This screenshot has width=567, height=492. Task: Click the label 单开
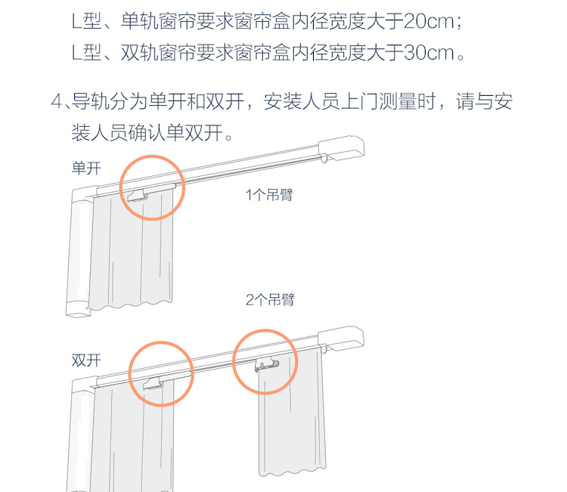[86, 168]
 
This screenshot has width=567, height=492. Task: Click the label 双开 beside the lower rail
[86, 360]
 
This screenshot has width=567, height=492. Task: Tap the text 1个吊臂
[269, 195]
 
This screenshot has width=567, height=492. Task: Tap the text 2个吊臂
[270, 300]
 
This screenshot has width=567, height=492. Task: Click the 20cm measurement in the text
[429, 21]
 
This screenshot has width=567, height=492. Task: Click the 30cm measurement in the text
[429, 53]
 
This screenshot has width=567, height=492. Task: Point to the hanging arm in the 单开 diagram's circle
[138, 196]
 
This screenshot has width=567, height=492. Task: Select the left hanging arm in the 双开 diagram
[153, 383]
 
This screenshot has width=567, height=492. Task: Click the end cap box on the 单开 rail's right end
[342, 148]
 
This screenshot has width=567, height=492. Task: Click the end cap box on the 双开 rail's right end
[341, 339]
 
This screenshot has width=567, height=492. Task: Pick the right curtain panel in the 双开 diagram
[291, 412]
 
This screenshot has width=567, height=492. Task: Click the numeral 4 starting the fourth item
[57, 101]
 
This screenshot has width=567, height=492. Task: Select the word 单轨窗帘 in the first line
[159, 21]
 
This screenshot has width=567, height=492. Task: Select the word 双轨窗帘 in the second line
[159, 53]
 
